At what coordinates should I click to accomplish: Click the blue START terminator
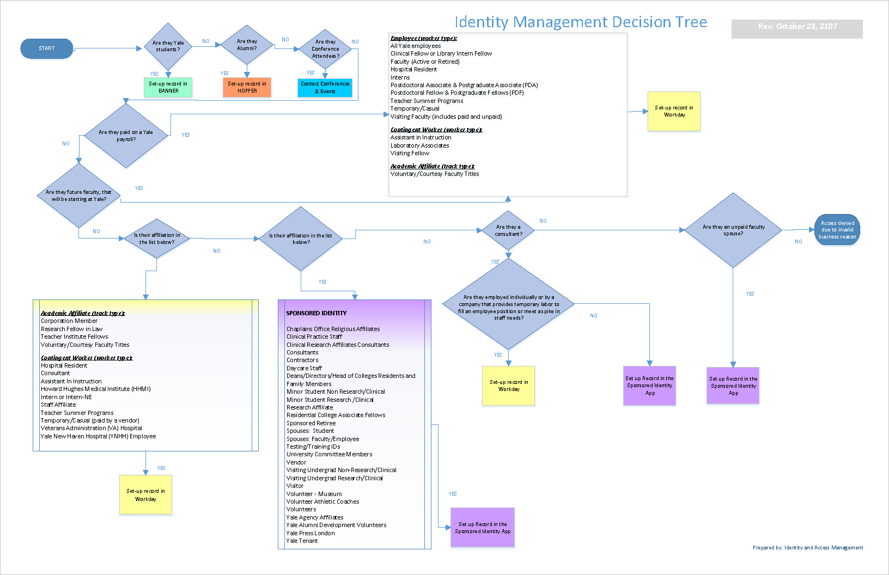[x=47, y=48]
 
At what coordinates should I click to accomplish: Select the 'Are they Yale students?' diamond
[x=168, y=46]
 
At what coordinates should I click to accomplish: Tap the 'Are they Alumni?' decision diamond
[x=247, y=45]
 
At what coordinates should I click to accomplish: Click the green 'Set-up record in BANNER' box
[x=168, y=87]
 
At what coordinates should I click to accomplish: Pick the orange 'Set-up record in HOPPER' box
[x=247, y=87]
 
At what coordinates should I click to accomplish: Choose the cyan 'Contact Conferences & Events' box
[x=325, y=88]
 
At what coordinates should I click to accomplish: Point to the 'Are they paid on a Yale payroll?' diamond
[x=126, y=136]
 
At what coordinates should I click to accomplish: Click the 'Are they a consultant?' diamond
[x=508, y=230]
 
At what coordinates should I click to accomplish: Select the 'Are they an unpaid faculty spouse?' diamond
[x=733, y=230]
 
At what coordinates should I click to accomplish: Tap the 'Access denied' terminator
[x=837, y=230]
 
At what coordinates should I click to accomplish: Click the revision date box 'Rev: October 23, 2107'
[x=797, y=27]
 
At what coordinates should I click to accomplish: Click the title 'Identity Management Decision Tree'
[x=581, y=22]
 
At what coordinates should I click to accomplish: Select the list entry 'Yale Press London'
[x=310, y=533]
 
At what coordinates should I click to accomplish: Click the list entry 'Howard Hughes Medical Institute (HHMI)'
[x=96, y=389]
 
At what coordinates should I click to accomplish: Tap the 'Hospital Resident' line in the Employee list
[x=413, y=69]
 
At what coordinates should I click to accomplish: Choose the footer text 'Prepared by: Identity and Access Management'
[x=807, y=548]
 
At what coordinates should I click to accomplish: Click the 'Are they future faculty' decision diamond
[x=79, y=195]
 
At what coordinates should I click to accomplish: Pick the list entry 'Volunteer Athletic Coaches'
[x=323, y=501]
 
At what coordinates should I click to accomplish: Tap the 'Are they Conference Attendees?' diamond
[x=326, y=49]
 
